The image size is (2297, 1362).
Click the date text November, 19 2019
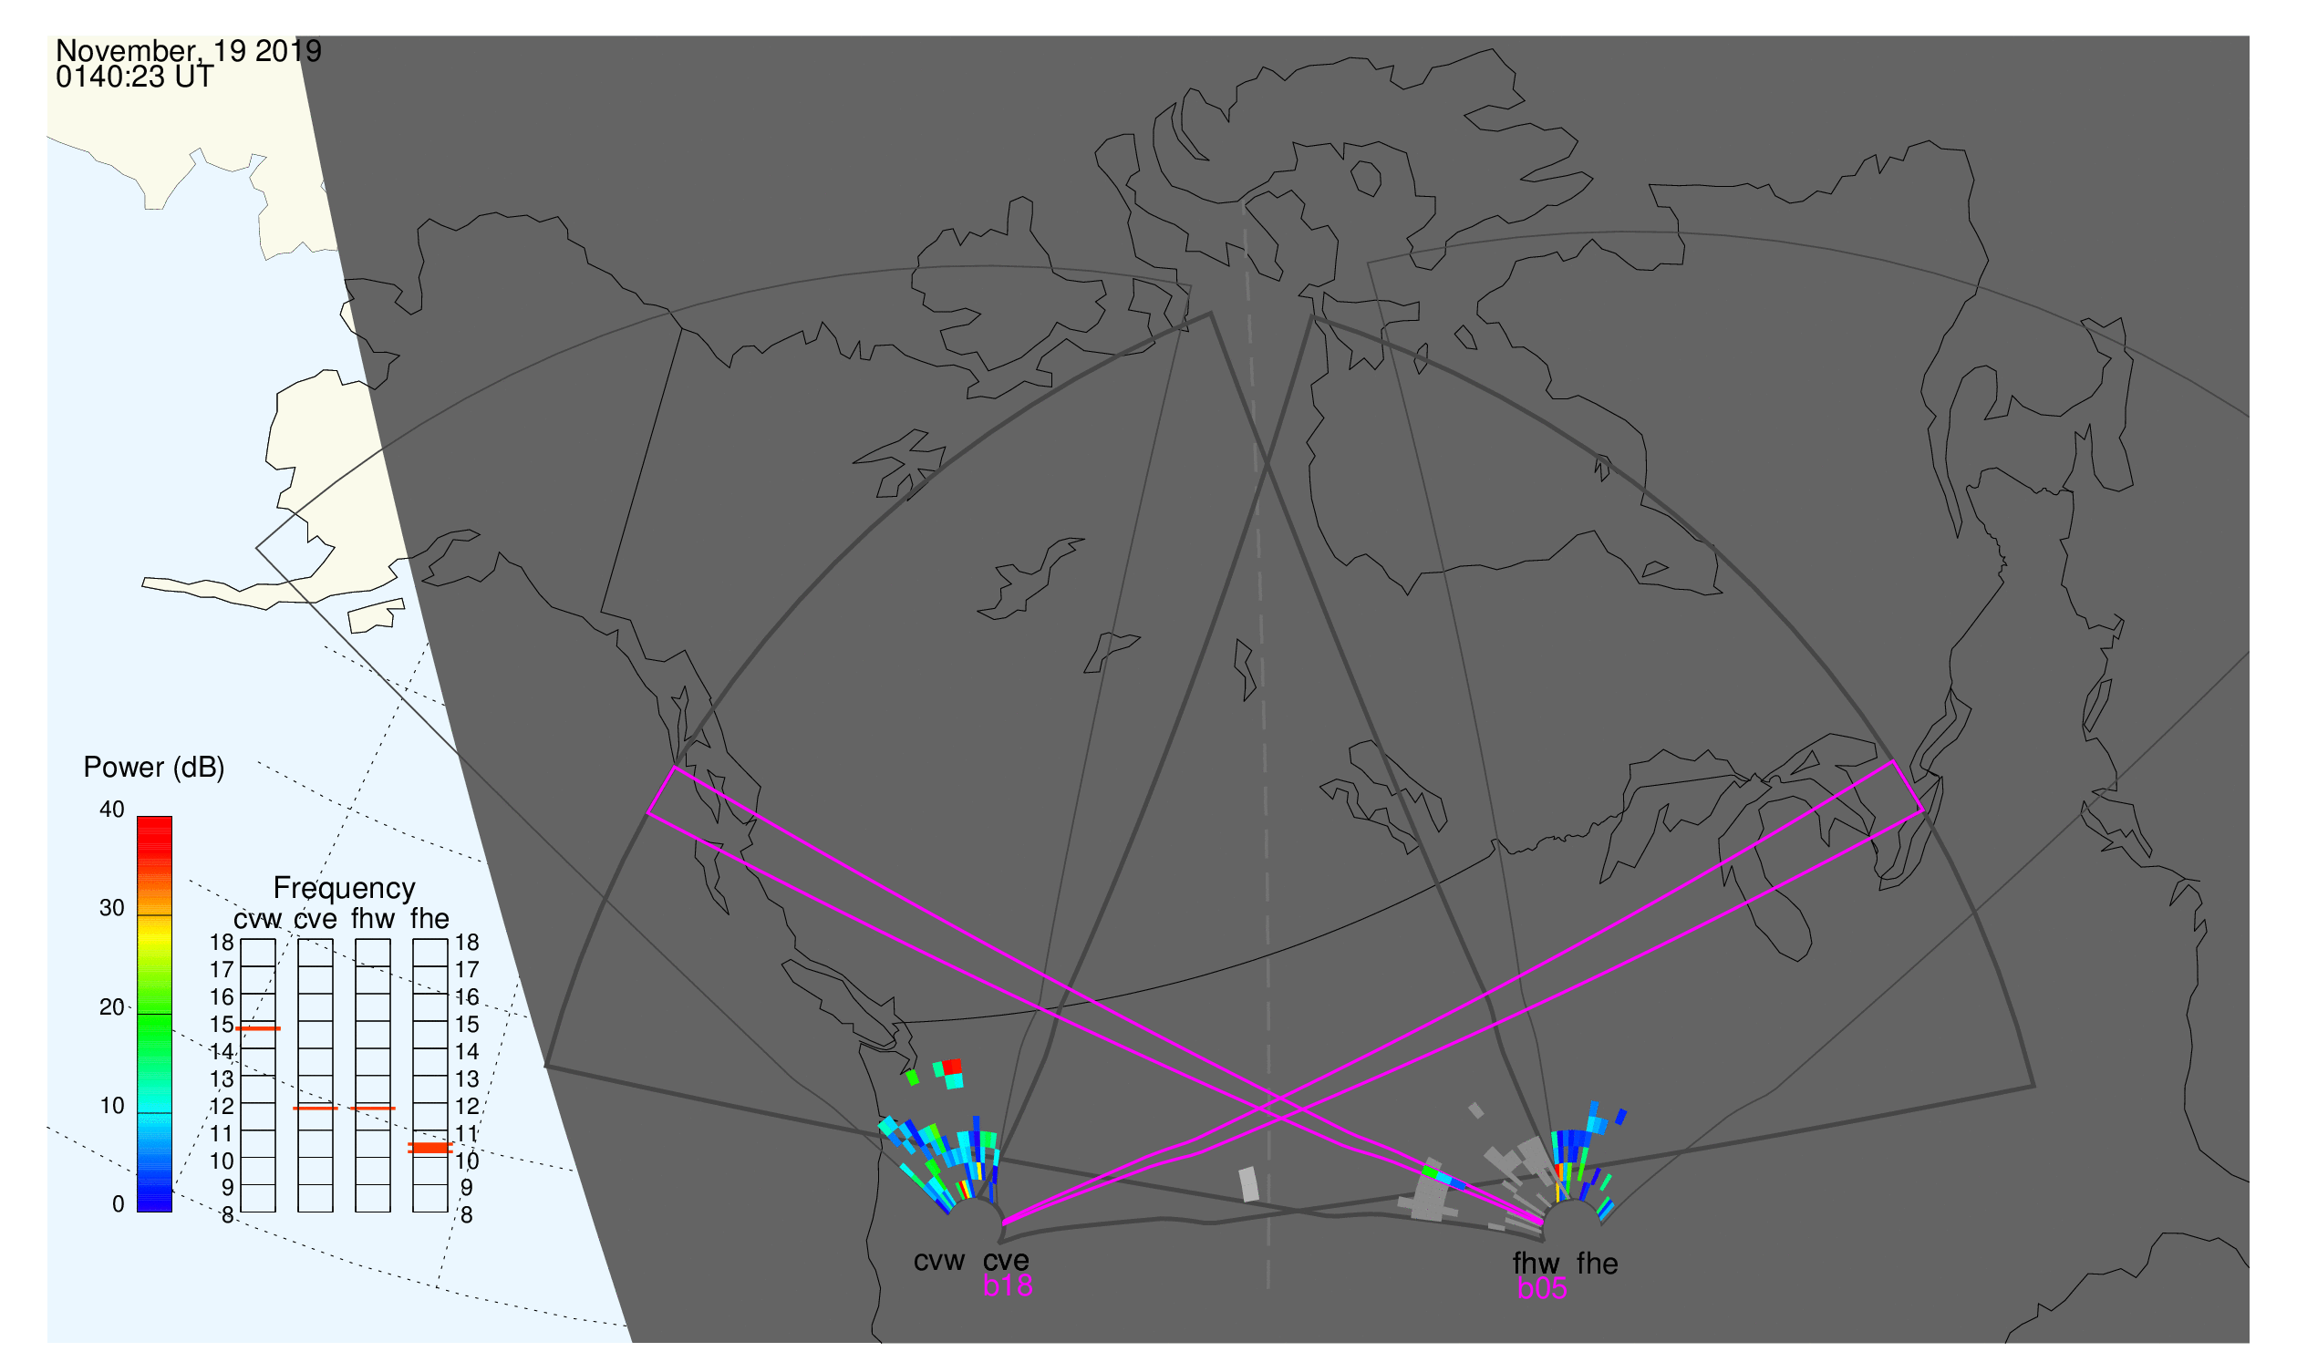188,51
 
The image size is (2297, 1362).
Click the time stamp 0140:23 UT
135,77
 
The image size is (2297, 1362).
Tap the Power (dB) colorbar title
154,769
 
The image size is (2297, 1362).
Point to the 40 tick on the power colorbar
112,810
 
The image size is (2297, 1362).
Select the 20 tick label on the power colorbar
112,1007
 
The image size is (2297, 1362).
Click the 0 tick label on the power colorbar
119,1205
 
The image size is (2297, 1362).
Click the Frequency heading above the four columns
345,889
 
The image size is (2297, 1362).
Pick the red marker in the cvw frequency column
258,1029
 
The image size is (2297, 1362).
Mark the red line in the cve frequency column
316,1109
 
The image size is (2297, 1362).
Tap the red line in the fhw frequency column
373,1109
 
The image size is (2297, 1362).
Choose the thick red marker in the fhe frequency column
429,1148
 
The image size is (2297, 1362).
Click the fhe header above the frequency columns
429,920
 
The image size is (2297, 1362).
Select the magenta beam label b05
1542,1289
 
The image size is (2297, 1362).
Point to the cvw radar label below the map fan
939,1262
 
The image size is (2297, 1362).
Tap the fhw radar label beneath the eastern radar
1537,1264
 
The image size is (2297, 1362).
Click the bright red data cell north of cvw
952,1067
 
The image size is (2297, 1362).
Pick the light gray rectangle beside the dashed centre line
1248,1184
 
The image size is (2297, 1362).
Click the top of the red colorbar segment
154,817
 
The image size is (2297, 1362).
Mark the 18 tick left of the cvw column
222,943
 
